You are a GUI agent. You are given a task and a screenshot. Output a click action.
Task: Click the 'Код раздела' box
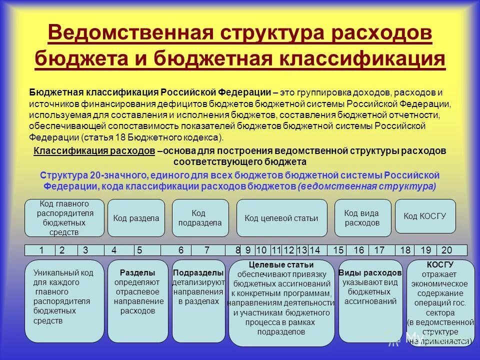tap(136, 218)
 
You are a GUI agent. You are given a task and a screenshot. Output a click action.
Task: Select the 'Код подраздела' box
tap(200, 218)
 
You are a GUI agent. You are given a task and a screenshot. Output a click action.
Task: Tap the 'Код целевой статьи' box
tap(281, 218)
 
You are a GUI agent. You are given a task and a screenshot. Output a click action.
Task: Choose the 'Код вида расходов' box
tap(361, 218)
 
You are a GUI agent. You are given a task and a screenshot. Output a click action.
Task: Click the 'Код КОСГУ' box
tap(425, 216)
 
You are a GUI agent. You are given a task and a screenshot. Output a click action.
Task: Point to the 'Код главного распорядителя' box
tap(65, 218)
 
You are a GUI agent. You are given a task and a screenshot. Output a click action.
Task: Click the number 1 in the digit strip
tap(41, 250)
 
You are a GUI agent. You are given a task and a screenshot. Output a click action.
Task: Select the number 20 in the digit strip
tap(446, 250)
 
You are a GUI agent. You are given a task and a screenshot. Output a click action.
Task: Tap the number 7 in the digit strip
tap(207, 250)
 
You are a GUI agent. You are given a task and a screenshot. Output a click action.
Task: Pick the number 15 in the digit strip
tap(338, 250)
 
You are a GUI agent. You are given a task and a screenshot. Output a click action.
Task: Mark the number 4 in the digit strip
tap(114, 250)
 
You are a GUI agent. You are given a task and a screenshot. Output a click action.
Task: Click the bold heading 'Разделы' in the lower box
tap(137, 273)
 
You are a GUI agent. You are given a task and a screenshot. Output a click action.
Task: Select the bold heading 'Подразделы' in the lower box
tap(198, 273)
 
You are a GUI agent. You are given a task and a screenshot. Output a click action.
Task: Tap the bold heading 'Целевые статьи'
tap(281, 265)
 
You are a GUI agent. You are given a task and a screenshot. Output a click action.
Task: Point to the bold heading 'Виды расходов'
tap(370, 273)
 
